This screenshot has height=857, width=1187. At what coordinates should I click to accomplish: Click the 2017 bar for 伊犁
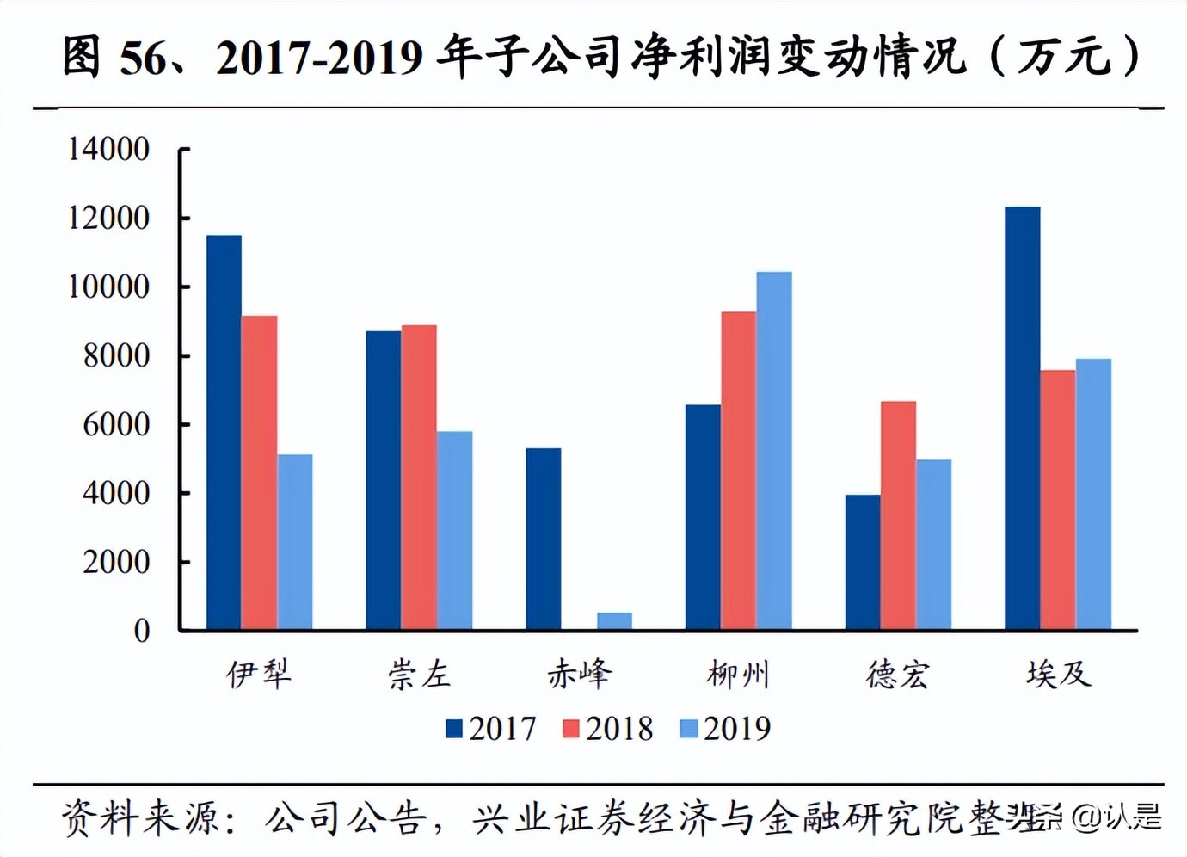point(224,432)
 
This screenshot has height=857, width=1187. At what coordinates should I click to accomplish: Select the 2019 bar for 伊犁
point(295,542)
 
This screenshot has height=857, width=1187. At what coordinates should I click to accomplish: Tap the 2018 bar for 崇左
point(419,478)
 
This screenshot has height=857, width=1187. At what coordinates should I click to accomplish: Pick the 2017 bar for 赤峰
point(543,539)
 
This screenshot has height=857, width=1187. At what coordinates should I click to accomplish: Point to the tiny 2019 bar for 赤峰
point(614,620)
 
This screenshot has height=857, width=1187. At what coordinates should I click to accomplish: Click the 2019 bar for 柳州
point(774,451)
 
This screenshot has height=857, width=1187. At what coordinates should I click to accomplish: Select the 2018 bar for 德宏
point(898,515)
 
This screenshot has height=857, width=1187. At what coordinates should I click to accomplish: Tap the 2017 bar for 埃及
point(1022,418)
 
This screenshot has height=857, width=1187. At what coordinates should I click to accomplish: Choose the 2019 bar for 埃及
point(1093,494)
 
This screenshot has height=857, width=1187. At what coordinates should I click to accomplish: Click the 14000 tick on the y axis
point(108,149)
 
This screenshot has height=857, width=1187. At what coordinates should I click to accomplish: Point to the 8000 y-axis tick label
point(116,355)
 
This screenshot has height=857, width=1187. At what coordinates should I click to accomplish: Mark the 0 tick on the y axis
point(141,631)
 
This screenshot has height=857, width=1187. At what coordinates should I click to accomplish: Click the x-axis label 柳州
point(738,675)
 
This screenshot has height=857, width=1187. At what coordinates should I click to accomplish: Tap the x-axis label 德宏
point(898,675)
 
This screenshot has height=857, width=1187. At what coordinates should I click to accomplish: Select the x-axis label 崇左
point(419,675)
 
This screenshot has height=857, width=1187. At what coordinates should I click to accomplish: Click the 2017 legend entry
point(491,729)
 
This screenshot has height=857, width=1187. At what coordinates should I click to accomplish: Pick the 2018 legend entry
point(608,729)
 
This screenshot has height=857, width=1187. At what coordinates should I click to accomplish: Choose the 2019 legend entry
point(725,729)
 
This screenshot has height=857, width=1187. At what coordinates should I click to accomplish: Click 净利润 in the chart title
point(702,57)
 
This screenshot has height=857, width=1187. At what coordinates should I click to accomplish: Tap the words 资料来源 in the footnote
point(139,817)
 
